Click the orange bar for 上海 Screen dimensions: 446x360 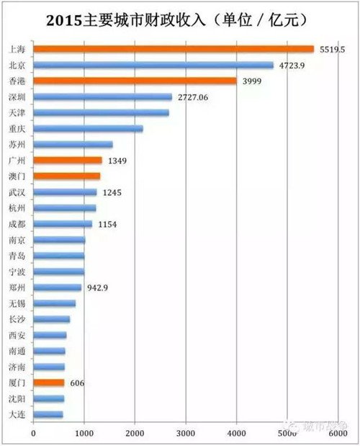tap(173, 49)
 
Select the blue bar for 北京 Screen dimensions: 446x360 tap(153, 65)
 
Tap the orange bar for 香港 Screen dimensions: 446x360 tap(135, 81)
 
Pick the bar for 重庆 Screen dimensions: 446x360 tap(88, 128)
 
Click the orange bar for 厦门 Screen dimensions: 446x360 tap(49, 383)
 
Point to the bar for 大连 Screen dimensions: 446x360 tap(48, 414)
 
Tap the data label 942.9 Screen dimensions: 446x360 tap(97, 287)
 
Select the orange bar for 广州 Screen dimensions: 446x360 tap(68, 160)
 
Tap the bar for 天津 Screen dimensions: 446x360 tap(102, 112)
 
